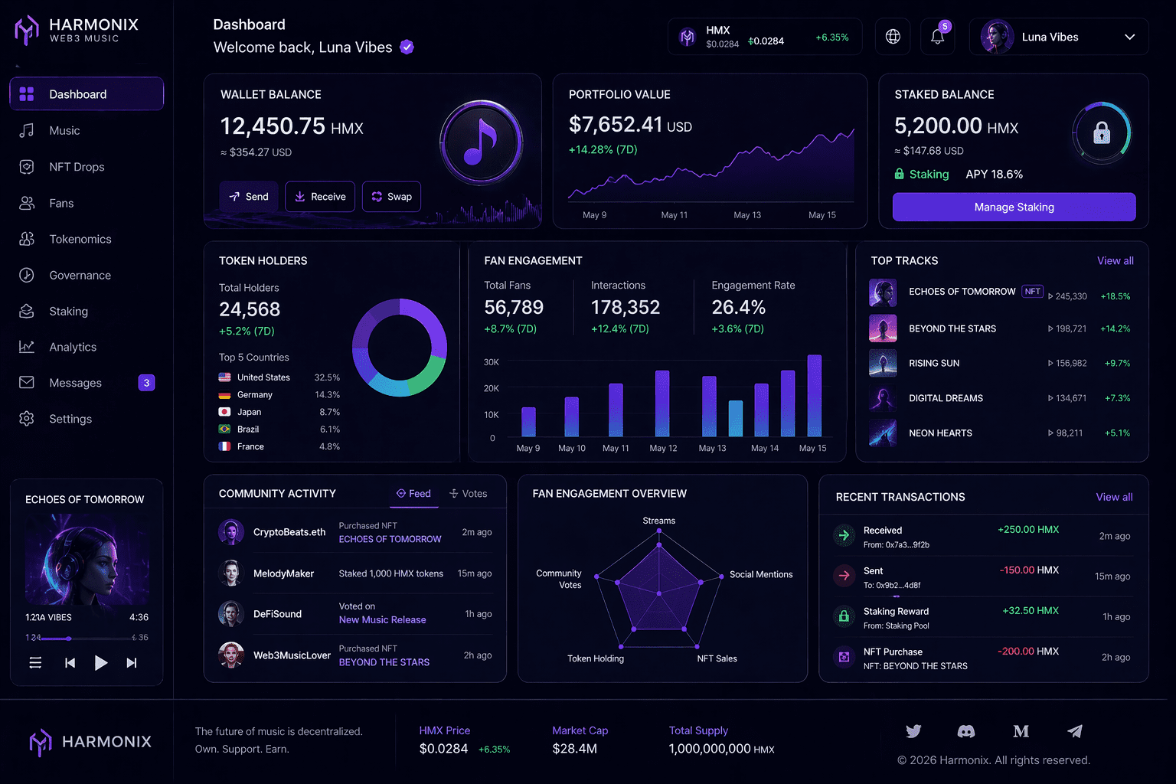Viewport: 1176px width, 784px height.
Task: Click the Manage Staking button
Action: click(x=1014, y=207)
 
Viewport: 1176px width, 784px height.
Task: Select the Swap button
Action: click(x=391, y=197)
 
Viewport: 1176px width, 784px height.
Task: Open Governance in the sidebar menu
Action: click(x=80, y=276)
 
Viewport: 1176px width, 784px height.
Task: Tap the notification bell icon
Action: click(x=937, y=37)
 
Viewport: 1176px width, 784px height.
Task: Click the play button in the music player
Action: click(x=100, y=663)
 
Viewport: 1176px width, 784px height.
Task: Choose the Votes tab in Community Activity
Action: click(x=469, y=494)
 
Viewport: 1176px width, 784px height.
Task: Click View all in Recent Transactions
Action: click(x=1114, y=497)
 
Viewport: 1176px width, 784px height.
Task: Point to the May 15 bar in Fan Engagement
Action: click(x=815, y=396)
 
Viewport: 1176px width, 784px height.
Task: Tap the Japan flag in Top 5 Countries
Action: click(x=224, y=412)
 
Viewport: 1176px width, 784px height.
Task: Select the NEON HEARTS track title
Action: click(x=940, y=433)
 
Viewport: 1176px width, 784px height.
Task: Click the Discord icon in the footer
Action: click(x=966, y=732)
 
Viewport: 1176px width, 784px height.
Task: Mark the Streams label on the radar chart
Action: click(x=658, y=521)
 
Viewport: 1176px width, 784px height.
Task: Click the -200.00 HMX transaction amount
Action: click(x=1027, y=652)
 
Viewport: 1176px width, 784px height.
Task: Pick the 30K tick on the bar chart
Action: click(x=491, y=362)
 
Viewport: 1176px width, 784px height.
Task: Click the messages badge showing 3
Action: click(x=146, y=383)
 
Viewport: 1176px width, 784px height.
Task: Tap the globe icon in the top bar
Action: click(x=893, y=37)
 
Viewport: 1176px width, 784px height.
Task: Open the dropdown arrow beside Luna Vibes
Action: click(x=1129, y=37)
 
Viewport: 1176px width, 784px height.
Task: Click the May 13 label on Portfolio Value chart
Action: click(x=747, y=215)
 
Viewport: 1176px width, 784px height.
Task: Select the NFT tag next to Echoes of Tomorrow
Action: click(x=1032, y=292)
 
